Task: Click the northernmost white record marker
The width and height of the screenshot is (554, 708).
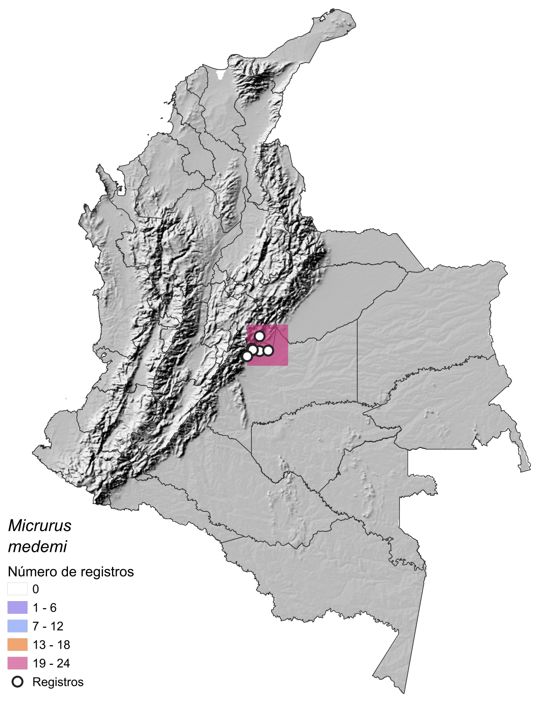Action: click(x=260, y=336)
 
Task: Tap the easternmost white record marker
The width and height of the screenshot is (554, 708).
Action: click(x=268, y=351)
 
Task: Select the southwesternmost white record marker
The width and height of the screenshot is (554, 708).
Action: click(x=247, y=356)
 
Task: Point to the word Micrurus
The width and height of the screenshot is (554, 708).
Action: click(x=40, y=526)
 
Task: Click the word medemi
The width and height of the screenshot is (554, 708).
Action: click(x=37, y=547)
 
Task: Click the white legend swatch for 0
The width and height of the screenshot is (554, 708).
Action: click(x=17, y=589)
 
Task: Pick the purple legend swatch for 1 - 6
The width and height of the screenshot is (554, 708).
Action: click(x=17, y=608)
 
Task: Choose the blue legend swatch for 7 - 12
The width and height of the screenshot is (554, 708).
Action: click(x=17, y=626)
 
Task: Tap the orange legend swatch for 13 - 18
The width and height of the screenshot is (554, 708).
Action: click(x=17, y=645)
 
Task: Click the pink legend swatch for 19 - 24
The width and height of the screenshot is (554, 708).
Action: click(x=17, y=664)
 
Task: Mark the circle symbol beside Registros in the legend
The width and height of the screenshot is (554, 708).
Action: click(x=17, y=682)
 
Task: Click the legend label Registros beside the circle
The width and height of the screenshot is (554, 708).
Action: click(x=58, y=682)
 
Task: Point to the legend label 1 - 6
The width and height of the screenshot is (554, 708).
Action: click(x=44, y=608)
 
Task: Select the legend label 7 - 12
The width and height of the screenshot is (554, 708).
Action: click(x=48, y=626)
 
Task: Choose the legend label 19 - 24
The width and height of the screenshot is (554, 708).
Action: click(x=51, y=664)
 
